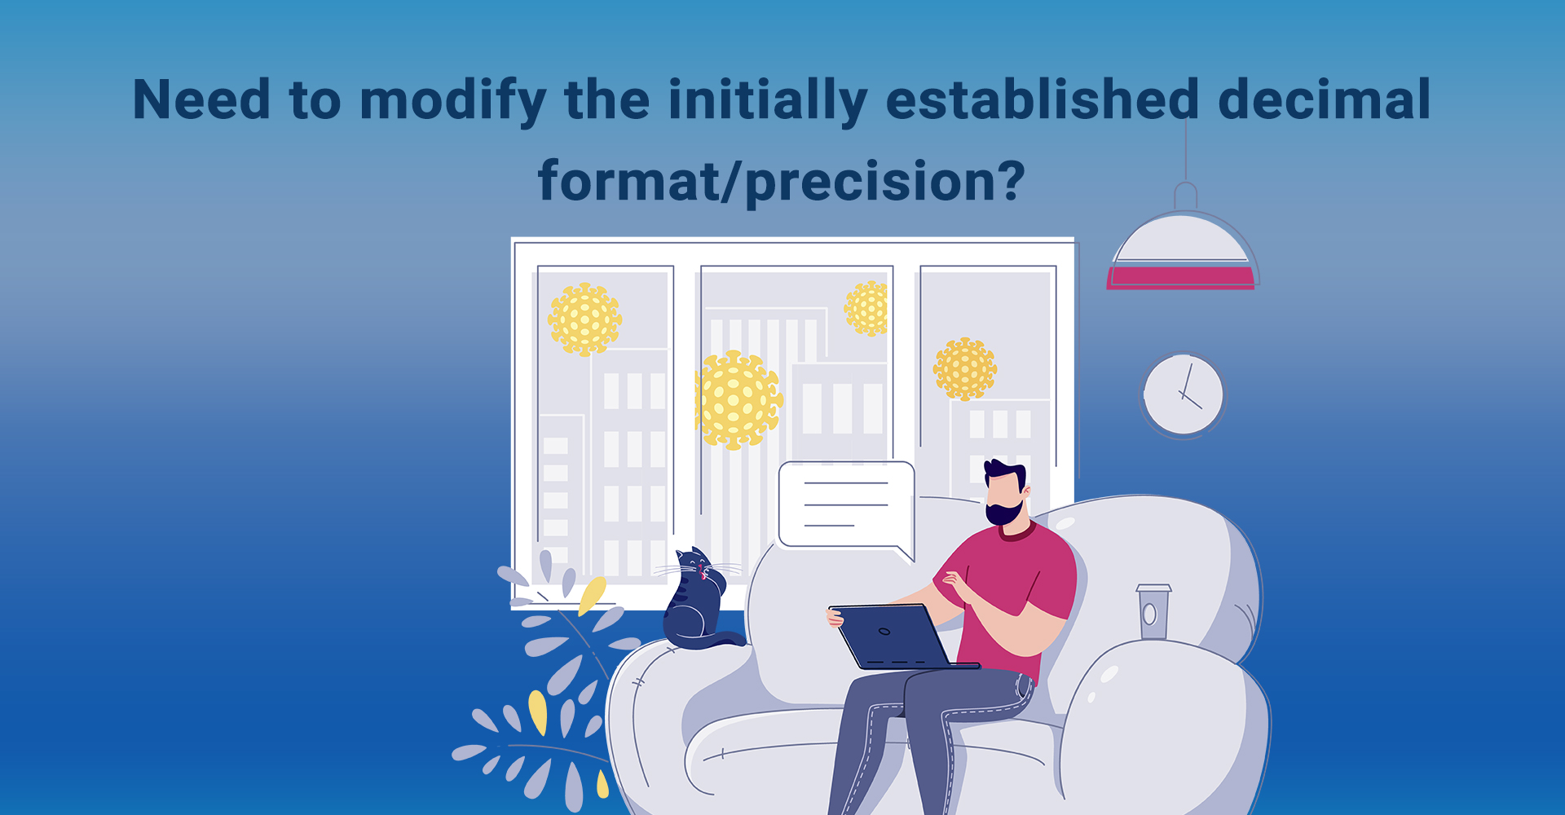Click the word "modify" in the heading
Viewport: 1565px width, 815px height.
point(452,101)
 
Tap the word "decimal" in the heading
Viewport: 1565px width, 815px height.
point(1325,99)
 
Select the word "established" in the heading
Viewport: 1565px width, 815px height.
point(1043,99)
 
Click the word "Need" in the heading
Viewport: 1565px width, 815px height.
point(201,99)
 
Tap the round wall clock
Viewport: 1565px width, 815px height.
point(1183,395)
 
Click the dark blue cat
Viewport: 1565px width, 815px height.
point(696,601)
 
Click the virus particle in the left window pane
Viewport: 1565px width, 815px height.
point(584,319)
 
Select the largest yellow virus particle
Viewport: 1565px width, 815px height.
point(738,400)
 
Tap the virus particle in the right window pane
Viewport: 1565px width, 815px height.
point(965,368)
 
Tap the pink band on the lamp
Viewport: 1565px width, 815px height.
point(1180,278)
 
